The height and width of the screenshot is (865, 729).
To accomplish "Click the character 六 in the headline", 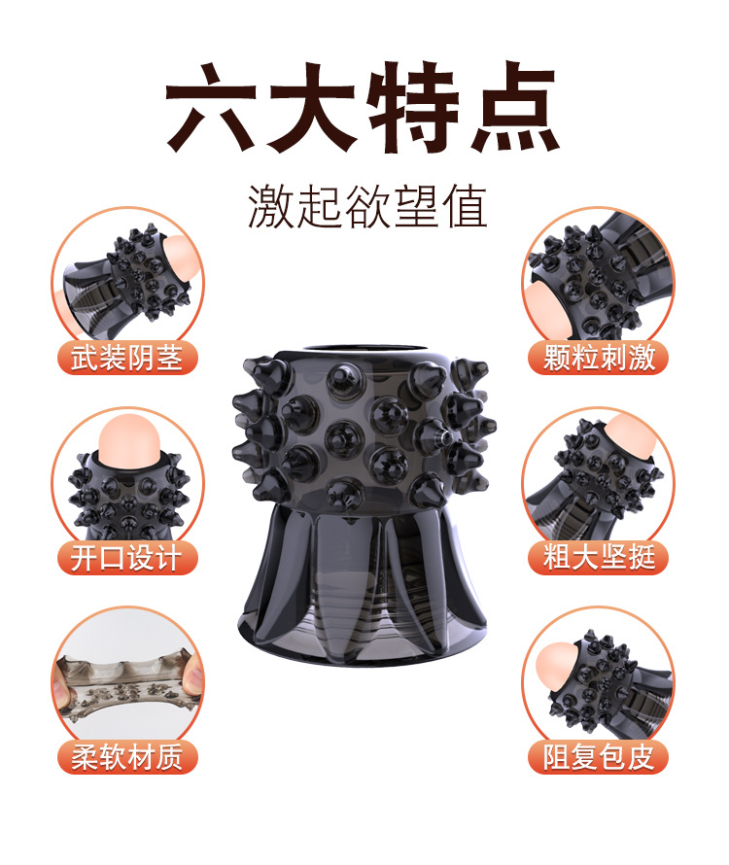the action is pyautogui.click(x=211, y=107).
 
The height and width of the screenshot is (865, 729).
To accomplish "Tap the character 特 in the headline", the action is pyautogui.click(x=414, y=107).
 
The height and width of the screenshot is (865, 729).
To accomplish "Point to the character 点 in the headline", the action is pyautogui.click(x=515, y=107).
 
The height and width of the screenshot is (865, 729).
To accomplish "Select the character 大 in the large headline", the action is pyautogui.click(x=312, y=107).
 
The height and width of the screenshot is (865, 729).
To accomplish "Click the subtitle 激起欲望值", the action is pyautogui.click(x=367, y=206).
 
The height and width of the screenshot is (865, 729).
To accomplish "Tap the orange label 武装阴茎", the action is pyautogui.click(x=127, y=358).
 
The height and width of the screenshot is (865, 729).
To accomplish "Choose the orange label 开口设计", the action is pyautogui.click(x=127, y=557).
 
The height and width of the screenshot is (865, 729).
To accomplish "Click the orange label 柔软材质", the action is pyautogui.click(x=127, y=756).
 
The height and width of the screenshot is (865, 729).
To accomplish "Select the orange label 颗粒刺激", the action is pyautogui.click(x=599, y=358).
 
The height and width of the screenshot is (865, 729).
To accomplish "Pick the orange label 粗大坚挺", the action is pyautogui.click(x=599, y=557).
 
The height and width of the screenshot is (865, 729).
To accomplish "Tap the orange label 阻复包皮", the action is pyautogui.click(x=599, y=756).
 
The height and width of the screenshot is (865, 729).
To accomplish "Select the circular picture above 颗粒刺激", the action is pyautogui.click(x=598, y=278).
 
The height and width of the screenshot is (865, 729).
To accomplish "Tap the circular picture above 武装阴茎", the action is pyautogui.click(x=128, y=278).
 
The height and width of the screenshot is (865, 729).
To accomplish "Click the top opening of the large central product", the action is pyautogui.click(x=364, y=350).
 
